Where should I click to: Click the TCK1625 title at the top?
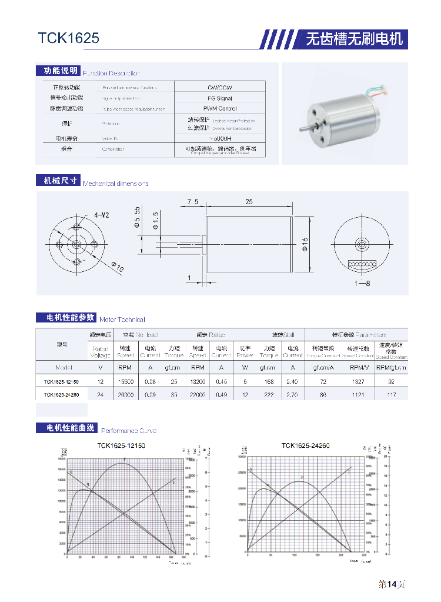69,39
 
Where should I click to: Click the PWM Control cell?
220,109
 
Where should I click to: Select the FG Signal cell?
220,98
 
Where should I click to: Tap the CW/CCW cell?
220,88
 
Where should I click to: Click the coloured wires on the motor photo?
376,92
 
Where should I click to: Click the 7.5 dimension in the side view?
193,202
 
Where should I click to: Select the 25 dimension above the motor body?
249,202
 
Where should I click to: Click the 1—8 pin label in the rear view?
362,284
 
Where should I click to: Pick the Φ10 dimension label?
118,267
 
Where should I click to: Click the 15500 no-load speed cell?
125,382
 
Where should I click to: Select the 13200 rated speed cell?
197,382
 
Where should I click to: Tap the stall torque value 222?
269,395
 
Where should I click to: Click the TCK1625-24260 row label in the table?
61,395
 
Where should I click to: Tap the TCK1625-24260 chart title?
305,445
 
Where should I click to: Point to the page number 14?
393,584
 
